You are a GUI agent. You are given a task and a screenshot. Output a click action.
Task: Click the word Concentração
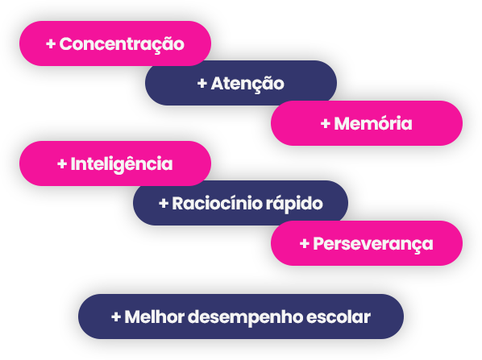pyautogui.click(x=122, y=45)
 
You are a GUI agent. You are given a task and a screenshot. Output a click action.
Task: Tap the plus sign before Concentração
pyautogui.click(x=51, y=44)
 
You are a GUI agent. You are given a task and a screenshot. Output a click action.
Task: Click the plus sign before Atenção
pyautogui.click(x=202, y=83)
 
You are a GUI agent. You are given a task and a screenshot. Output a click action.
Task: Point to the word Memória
pyautogui.click(x=373, y=122)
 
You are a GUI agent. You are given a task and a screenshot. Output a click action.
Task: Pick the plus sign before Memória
pyautogui.click(x=325, y=123)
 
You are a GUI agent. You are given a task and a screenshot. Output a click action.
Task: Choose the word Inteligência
pyautogui.click(x=122, y=164)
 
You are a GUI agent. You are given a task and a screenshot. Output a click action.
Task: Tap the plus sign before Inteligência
pyautogui.click(x=62, y=163)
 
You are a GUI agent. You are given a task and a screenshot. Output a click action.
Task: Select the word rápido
pyautogui.click(x=294, y=204)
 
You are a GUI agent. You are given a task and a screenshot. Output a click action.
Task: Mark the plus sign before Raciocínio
pyautogui.click(x=164, y=203)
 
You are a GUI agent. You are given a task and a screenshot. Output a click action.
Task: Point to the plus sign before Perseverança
pyautogui.click(x=305, y=243)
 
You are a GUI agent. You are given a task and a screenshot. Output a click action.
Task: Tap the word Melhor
pyautogui.click(x=154, y=317)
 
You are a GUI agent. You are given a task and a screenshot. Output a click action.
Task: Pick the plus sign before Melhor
pyautogui.click(x=116, y=317)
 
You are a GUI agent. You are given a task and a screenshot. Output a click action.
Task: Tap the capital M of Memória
pyautogui.click(x=342, y=123)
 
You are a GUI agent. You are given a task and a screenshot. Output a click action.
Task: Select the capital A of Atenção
pyautogui.click(x=218, y=83)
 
